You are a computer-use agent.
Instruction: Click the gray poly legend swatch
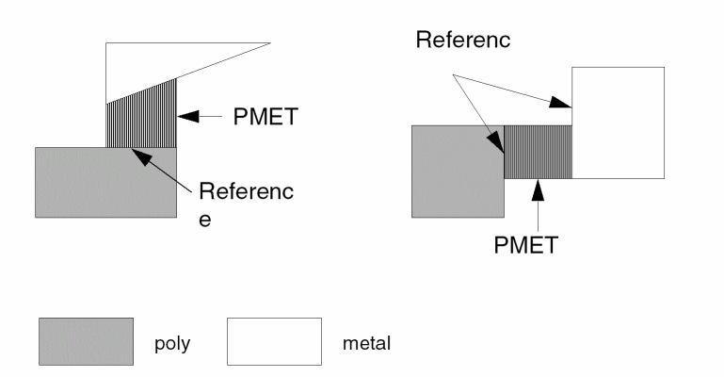[x=86, y=341]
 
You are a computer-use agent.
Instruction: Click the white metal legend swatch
[x=274, y=341]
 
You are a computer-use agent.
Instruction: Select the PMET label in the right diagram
[x=525, y=246]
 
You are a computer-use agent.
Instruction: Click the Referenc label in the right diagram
[x=462, y=41]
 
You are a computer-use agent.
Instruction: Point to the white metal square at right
[x=619, y=123]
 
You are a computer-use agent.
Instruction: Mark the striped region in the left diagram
[x=142, y=119]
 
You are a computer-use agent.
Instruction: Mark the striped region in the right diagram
[x=539, y=152]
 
